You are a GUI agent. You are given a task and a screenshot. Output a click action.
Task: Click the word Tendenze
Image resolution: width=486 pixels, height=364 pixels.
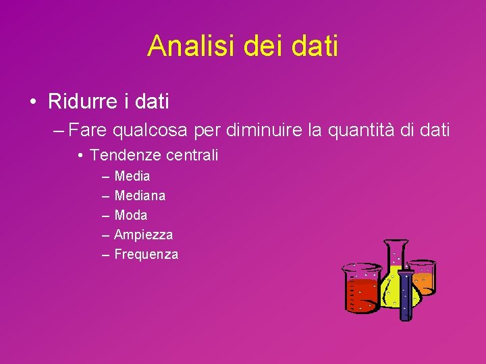point(122,155)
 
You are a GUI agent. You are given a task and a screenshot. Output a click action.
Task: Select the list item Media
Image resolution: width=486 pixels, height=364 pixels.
point(132,177)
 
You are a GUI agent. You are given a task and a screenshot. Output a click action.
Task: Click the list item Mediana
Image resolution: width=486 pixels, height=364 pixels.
point(140,196)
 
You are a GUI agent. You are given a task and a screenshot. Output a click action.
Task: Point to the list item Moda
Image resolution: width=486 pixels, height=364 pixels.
point(131,216)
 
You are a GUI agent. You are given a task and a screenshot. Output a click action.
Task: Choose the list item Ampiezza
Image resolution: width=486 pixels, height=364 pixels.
point(143,235)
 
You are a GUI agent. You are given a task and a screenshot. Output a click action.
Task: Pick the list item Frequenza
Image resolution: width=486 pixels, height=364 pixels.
point(146,255)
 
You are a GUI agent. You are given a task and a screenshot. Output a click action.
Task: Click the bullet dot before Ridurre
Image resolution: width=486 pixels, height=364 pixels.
point(32,102)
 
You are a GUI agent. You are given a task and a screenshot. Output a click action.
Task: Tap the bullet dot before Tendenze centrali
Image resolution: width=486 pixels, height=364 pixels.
point(80,156)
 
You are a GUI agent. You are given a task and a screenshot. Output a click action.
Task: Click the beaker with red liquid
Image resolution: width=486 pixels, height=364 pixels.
point(361,290)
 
